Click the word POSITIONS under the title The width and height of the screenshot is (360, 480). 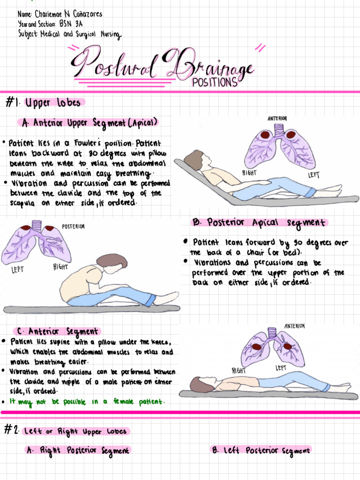[x=215, y=82]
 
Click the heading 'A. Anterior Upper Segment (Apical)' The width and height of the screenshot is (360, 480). [x=89, y=123]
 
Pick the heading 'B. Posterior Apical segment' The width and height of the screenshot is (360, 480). [x=260, y=222]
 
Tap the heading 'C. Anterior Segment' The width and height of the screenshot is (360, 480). [x=58, y=331]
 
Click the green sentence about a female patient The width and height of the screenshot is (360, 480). [x=87, y=402]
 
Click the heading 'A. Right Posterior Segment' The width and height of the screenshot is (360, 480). [x=78, y=450]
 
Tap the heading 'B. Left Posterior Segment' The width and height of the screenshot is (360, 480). [x=261, y=450]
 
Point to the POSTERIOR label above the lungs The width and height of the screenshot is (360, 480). [x=73, y=226]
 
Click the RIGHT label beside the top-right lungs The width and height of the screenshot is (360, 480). [x=249, y=173]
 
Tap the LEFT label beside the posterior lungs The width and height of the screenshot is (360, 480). [x=18, y=270]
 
